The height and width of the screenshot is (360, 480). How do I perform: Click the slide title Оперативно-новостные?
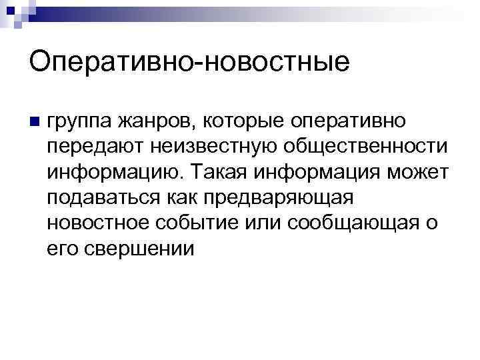pos(189,62)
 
